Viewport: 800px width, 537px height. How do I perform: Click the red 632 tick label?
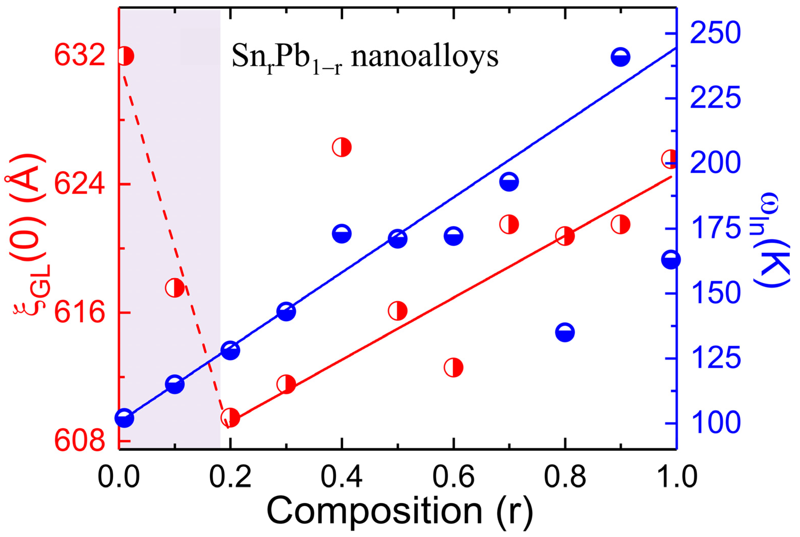pos(80,56)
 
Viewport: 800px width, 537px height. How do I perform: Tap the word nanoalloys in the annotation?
pos(425,56)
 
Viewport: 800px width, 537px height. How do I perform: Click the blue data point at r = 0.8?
pos(565,332)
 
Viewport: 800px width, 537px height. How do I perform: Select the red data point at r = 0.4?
pos(342,147)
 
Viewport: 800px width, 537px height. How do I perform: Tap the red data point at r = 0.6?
pos(453,367)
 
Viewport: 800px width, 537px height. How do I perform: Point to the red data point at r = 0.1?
pos(174,288)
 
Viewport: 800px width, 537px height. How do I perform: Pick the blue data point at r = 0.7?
pos(509,181)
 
